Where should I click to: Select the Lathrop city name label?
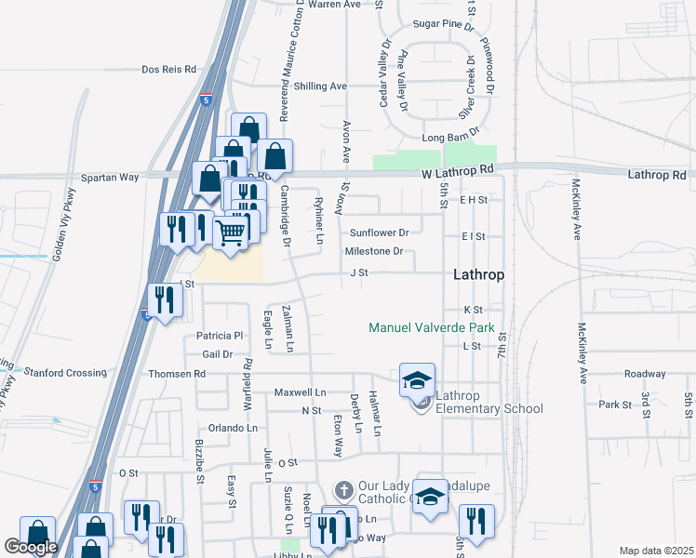[479, 275]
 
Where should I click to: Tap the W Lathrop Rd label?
[456, 171]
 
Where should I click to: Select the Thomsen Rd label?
[176, 374]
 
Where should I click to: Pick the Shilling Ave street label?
[320, 86]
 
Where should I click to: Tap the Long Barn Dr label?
[444, 139]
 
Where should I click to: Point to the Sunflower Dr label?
[379, 233]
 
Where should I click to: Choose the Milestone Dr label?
[374, 252]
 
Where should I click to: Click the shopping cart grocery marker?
[231, 232]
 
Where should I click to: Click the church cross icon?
[343, 489]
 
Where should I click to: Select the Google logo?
[31, 548]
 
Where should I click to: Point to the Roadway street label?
[645, 374]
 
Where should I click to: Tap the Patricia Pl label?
[220, 336]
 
